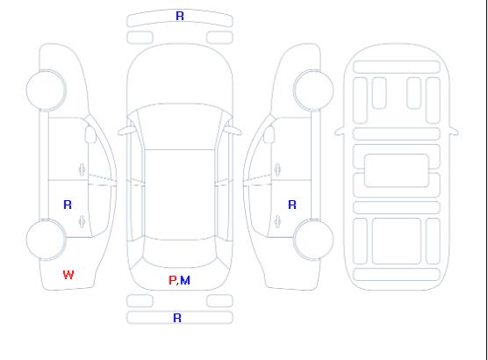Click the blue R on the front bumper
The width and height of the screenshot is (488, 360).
[180, 16]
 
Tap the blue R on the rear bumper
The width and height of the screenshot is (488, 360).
[177, 318]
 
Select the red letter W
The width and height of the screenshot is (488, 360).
[68, 275]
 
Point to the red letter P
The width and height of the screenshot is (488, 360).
[172, 280]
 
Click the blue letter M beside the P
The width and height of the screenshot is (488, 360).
[185, 280]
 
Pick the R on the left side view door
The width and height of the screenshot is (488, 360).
[68, 205]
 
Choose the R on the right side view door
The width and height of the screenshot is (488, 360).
[292, 205]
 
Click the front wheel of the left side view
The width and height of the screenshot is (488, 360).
[46, 90]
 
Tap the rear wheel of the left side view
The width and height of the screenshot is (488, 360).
[46, 240]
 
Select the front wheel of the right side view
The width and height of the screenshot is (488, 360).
[313, 90]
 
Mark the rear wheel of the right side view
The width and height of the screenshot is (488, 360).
[313, 240]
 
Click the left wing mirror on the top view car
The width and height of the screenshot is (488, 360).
[126, 131]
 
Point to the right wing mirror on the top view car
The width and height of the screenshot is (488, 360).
[233, 131]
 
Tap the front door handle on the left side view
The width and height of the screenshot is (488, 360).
[83, 169]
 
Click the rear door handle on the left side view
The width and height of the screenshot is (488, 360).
[83, 221]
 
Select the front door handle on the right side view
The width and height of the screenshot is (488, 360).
[277, 169]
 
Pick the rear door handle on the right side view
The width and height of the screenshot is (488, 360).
[277, 221]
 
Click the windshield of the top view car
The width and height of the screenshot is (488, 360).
[180, 126]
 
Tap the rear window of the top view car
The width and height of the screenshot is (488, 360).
[180, 253]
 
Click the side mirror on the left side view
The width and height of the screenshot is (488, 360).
[90, 134]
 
